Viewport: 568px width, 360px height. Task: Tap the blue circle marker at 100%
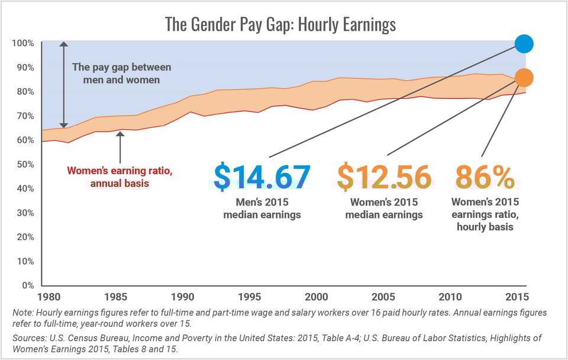coord(524,43)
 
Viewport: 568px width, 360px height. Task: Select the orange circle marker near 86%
coord(524,78)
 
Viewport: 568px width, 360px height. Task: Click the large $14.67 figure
coord(262,176)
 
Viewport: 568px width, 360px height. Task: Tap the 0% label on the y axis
coord(27,285)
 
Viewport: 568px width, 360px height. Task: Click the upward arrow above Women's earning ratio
coord(120,146)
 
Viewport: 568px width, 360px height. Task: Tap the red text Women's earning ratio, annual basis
coord(120,177)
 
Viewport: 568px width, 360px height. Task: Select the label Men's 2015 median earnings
coord(262,208)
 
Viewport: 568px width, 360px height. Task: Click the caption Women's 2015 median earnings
coord(383,208)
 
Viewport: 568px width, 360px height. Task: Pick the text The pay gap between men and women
coord(121,73)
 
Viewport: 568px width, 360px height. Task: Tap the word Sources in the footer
coord(30,337)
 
